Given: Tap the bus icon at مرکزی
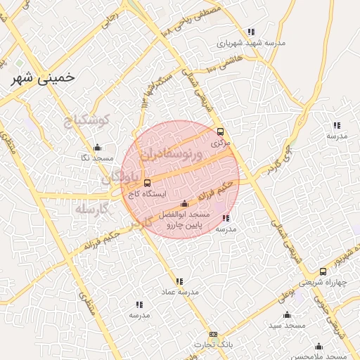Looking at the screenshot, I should pos(220,131).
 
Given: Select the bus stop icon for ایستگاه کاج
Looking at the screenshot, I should pos(146,183).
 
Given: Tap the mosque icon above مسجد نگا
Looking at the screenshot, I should pos(97,148).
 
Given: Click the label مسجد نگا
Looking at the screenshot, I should pos(95,157).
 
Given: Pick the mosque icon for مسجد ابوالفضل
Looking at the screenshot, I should pos(184,204).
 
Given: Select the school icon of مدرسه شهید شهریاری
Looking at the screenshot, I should pos(251,32).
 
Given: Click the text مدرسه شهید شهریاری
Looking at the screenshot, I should pos(251,42).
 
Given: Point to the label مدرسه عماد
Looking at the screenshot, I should pos(180,291).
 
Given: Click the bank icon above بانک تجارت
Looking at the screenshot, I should pos(214,335).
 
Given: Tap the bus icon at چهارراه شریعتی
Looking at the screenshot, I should pos(323,272).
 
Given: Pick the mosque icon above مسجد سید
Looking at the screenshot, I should pos(286,315).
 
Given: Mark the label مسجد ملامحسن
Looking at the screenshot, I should pos(316,356).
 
